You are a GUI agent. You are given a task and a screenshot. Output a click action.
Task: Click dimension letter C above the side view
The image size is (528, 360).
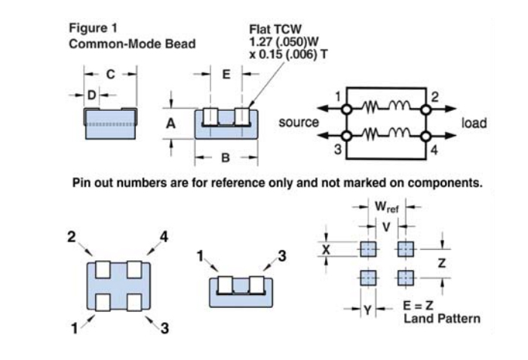tap(110, 74)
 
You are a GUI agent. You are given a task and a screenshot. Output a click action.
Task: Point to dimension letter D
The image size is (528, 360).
tap(92, 95)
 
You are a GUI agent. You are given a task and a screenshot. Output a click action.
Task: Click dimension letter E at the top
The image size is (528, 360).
tap(226, 74)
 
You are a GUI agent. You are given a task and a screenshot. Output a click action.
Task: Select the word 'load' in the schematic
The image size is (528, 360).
tap(474, 122)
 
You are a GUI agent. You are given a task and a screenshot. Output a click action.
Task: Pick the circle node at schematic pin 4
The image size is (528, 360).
tap(425, 136)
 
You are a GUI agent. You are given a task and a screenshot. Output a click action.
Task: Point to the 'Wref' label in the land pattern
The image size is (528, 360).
tap(387, 206)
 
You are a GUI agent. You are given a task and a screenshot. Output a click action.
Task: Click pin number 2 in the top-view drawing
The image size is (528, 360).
tap(72, 236)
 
